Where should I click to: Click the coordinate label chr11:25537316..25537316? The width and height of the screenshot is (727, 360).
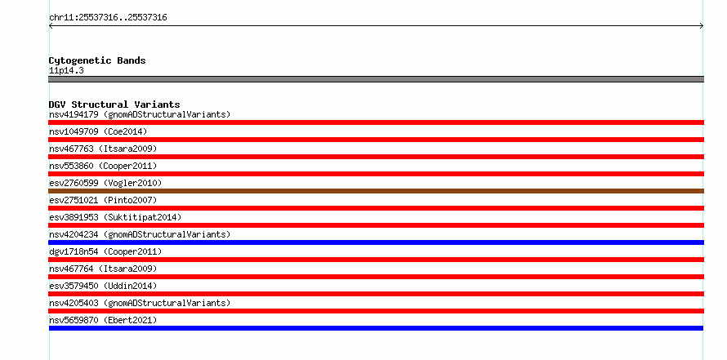(108, 18)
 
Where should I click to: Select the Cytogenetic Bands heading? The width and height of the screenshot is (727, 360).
(97, 60)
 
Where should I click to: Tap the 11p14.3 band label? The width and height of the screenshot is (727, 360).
(66, 71)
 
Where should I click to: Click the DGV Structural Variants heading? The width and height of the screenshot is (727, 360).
(114, 104)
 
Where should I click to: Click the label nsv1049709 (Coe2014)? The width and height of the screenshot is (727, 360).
(98, 131)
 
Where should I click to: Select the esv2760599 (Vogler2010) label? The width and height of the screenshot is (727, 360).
(105, 183)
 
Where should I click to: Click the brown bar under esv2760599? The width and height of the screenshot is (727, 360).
(376, 191)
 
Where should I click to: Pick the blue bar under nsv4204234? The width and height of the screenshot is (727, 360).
(376, 242)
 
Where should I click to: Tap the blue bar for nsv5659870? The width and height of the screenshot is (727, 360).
(376, 328)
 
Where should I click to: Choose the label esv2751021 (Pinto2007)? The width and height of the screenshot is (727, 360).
(103, 200)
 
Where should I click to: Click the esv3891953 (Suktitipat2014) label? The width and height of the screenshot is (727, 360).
(115, 217)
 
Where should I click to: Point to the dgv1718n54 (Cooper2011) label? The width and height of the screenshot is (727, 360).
(105, 251)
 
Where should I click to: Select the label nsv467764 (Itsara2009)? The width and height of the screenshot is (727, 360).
(103, 269)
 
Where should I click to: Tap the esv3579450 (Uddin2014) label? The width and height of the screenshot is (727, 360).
(103, 286)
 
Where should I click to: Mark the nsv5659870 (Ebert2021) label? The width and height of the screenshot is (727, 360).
(103, 320)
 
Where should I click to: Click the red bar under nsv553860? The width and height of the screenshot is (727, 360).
(376, 174)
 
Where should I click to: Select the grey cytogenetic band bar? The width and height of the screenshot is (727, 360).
(376, 79)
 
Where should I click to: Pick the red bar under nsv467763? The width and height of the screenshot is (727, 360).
(376, 157)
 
